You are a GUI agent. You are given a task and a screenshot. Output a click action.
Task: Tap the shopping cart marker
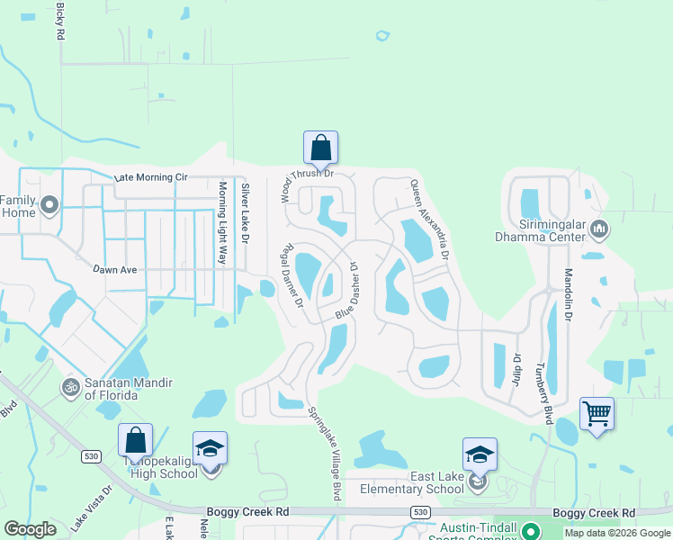point(597,414)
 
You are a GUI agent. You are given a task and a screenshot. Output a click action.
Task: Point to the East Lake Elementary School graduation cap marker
point(480,454)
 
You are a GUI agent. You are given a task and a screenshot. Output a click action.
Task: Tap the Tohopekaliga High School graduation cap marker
point(210,448)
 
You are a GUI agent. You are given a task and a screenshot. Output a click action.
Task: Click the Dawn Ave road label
point(119,268)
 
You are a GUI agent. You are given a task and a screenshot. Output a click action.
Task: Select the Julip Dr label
point(517,369)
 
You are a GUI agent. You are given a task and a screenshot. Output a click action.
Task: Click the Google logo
point(31,529)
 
